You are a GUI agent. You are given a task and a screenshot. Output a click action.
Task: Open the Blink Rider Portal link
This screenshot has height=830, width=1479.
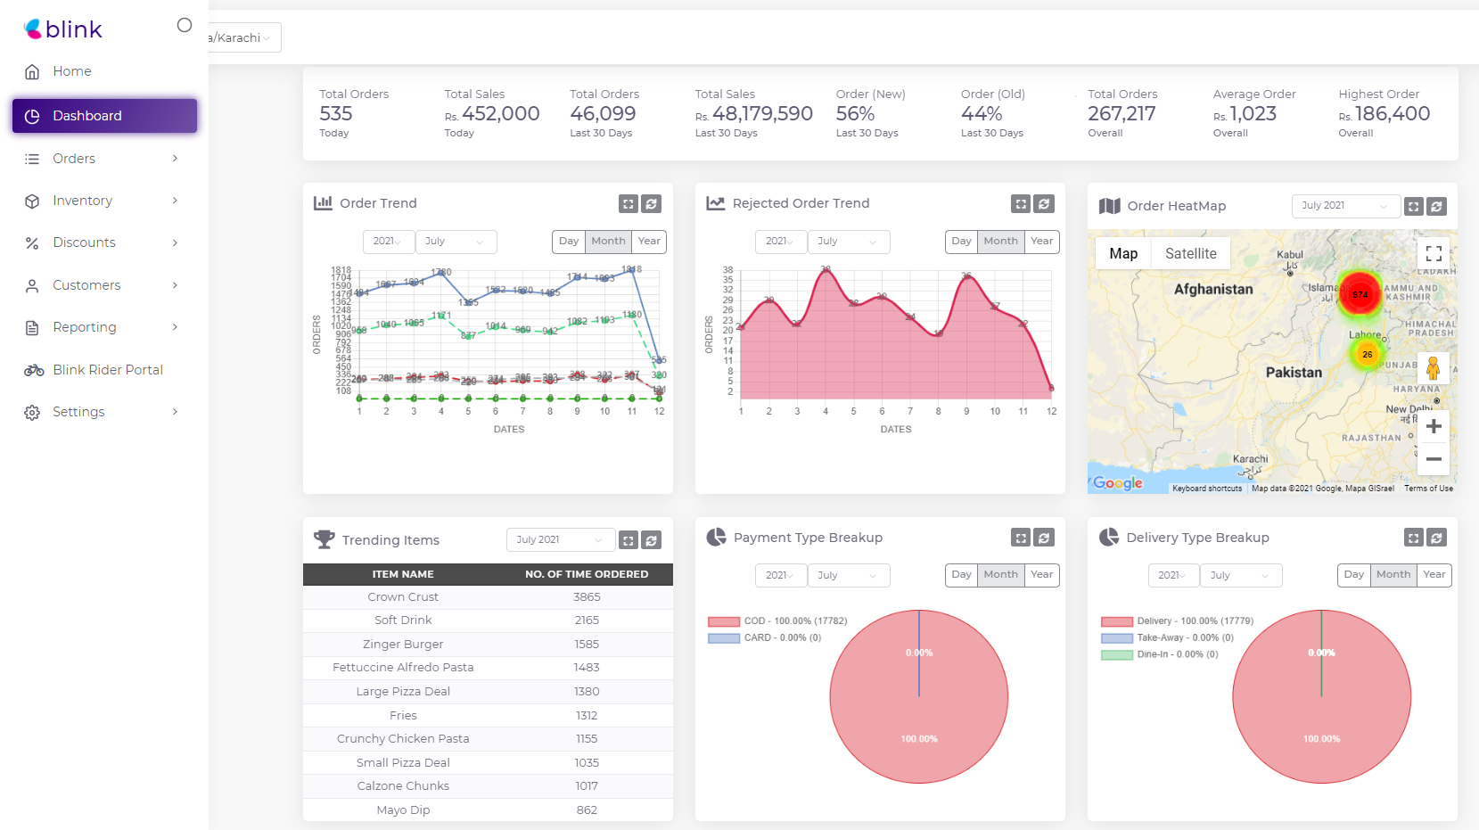tap(107, 370)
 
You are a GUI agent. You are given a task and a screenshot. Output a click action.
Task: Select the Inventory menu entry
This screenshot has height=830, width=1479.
tap(82, 201)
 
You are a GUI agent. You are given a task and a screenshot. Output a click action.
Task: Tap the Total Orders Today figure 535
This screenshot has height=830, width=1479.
tap(336, 114)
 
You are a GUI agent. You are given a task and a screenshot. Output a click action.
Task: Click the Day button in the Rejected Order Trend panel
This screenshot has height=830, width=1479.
tap(961, 242)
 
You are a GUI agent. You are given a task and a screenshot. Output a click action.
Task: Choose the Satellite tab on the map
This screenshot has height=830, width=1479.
tap(1190, 254)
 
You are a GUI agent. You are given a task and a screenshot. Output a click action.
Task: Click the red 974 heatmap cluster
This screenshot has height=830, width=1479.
tap(1360, 295)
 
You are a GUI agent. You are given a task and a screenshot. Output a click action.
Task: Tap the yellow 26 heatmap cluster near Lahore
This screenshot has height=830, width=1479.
tap(1367, 355)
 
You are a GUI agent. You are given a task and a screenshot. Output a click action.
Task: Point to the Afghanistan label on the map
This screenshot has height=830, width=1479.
tap(1212, 290)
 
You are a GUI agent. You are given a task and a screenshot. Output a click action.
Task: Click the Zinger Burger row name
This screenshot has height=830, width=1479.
tap(403, 645)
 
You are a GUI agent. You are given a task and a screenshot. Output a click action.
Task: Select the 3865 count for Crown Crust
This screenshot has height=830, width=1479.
tap(587, 597)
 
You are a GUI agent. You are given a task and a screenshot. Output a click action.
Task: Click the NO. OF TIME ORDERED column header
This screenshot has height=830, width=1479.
tap(586, 574)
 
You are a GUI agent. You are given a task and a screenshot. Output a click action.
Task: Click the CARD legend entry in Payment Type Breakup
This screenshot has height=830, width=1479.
tap(765, 638)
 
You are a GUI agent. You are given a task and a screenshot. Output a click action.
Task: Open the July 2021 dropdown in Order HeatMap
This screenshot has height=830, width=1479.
tap(1345, 206)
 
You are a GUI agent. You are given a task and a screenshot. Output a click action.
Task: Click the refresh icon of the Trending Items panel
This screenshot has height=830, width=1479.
tap(652, 540)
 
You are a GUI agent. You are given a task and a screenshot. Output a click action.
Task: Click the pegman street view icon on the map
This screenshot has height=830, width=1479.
tap(1433, 368)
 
